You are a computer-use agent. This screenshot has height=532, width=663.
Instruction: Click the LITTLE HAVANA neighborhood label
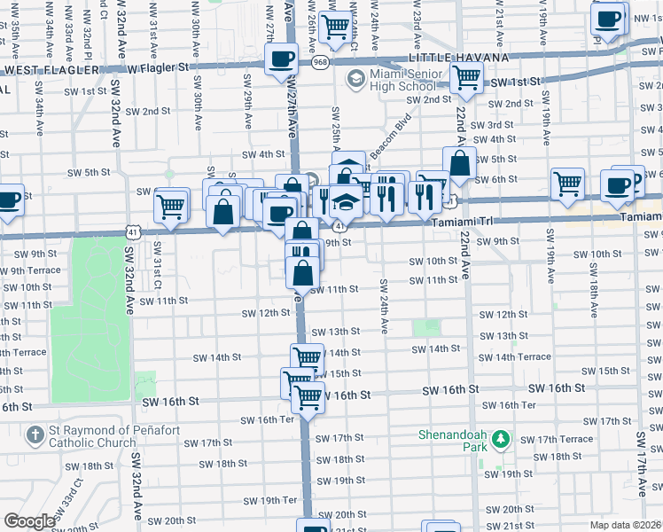click(x=458, y=58)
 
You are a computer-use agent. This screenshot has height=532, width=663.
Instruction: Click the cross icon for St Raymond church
click(x=35, y=435)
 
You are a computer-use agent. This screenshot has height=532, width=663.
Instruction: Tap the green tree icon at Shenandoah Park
click(x=501, y=439)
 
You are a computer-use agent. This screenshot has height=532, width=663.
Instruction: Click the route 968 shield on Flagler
click(x=320, y=63)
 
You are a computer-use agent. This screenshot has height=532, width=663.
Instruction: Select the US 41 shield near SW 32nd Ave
click(x=131, y=231)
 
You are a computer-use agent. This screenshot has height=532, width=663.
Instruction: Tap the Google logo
click(x=29, y=520)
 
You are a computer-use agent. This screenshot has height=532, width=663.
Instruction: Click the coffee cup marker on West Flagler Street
click(x=282, y=59)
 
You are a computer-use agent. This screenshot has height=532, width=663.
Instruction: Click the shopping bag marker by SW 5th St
click(x=460, y=163)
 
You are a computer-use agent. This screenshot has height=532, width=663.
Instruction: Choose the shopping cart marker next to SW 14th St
click(x=307, y=357)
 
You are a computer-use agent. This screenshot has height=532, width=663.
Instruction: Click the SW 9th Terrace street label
click(x=30, y=270)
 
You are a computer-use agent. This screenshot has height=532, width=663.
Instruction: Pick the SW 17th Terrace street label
click(x=556, y=440)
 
